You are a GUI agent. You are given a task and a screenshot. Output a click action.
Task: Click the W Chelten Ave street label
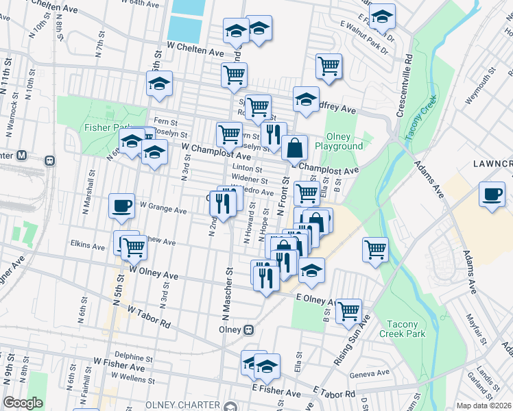197,51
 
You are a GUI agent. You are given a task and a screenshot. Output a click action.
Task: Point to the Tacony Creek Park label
405,329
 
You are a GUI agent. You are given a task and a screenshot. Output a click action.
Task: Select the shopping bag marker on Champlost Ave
294,147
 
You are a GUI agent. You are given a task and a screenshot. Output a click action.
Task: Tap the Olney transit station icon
249,329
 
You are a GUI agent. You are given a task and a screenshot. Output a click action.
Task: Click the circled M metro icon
22,155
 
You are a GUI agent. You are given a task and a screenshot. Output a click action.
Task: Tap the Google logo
23,403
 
